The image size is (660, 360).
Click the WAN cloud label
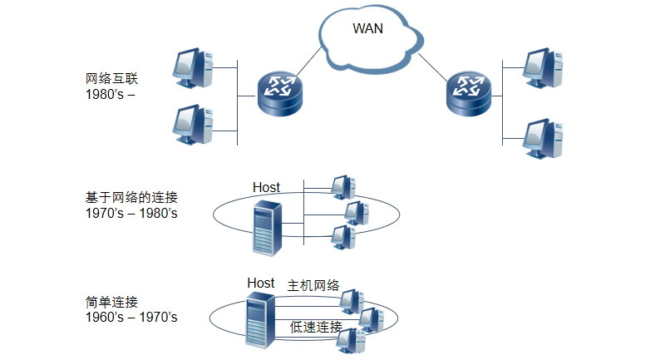[x=368, y=29]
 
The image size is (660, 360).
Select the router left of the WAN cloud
[x=278, y=93]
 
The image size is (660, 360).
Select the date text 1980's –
[x=110, y=94]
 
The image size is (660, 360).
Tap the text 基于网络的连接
[x=131, y=198]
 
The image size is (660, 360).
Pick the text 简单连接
[x=111, y=302]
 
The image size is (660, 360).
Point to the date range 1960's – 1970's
[x=131, y=317]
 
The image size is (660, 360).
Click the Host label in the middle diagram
[x=266, y=187]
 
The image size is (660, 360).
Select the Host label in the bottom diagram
[x=260, y=283]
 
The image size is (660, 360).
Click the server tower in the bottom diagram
[x=259, y=320]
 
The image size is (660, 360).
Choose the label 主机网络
[x=313, y=285]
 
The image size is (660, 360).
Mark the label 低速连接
[x=316, y=327]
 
